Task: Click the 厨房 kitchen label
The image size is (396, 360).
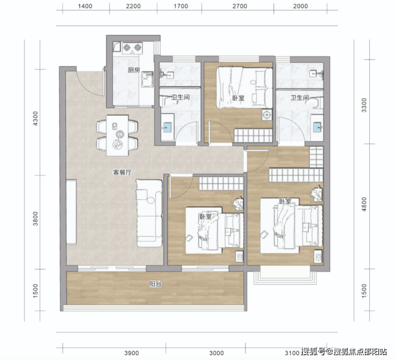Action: (x=134, y=70)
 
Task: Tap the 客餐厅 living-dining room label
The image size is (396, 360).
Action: (x=122, y=172)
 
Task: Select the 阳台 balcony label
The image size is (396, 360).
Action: (x=155, y=284)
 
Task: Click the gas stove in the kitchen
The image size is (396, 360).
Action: (x=132, y=48)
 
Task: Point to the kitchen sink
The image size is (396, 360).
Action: (x=147, y=79)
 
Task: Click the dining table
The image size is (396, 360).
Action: (x=117, y=135)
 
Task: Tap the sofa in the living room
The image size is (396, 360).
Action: (x=149, y=213)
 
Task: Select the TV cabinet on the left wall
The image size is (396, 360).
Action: (x=71, y=212)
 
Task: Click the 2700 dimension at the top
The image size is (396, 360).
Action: (x=240, y=6)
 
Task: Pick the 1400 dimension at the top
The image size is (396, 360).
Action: (x=85, y=6)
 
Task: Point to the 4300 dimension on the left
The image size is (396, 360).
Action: (x=35, y=118)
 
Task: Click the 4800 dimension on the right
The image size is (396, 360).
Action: (x=364, y=204)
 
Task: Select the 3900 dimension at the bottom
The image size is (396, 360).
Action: (x=132, y=353)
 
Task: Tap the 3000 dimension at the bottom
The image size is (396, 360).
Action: (x=216, y=353)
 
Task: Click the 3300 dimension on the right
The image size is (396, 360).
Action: (x=364, y=105)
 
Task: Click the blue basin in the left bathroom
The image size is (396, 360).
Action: (x=167, y=127)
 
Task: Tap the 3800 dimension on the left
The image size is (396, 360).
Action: (x=35, y=219)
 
